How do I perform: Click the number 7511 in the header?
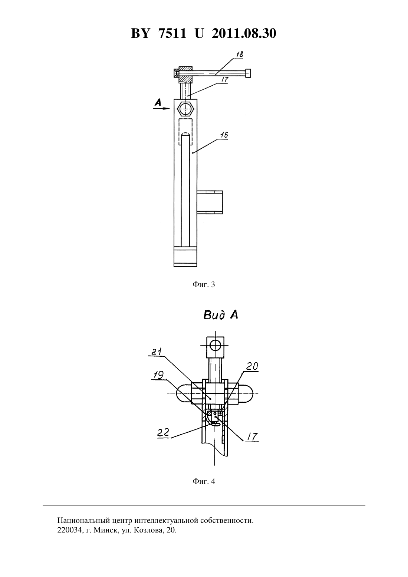coord(172,33)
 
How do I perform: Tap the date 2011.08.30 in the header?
coord(244,33)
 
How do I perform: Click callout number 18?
coord(239,55)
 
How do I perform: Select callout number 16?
coord(224,135)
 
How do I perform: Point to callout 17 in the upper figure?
coord(225,80)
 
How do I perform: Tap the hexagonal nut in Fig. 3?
coord(185,109)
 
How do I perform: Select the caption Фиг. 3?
coord(204,284)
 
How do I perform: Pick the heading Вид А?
coord(221,315)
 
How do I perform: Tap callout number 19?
coord(158,375)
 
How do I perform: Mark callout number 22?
coord(163,432)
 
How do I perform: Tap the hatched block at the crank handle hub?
coord(185,75)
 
